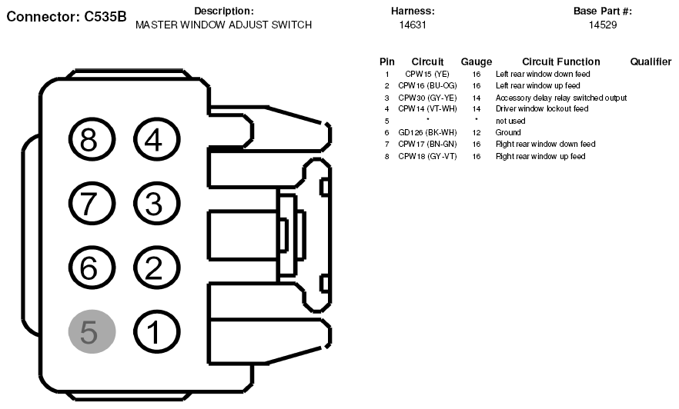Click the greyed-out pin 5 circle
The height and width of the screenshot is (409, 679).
pyautogui.click(x=92, y=331)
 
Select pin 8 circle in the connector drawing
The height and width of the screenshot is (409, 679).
pyautogui.click(x=92, y=140)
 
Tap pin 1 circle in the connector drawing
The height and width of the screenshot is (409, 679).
pyautogui.click(x=156, y=331)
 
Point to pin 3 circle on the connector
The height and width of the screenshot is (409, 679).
pyautogui.click(x=156, y=204)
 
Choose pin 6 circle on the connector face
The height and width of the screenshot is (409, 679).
pyautogui.click(x=92, y=268)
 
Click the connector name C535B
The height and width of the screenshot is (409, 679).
pyautogui.click(x=105, y=16)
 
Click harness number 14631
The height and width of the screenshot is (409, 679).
pyautogui.click(x=413, y=25)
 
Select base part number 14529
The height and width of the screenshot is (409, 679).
pyautogui.click(x=603, y=25)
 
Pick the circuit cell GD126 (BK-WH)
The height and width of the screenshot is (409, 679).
pyautogui.click(x=427, y=133)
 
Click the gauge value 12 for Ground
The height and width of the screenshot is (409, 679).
pyautogui.click(x=477, y=133)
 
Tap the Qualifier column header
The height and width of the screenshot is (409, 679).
pyautogui.click(x=651, y=62)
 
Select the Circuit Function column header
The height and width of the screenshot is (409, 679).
pyautogui.click(x=560, y=62)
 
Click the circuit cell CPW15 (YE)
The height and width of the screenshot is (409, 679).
pyautogui.click(x=427, y=75)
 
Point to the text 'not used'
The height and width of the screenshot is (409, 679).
pyautogui.click(x=510, y=121)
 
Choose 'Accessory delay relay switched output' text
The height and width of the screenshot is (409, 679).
pyautogui.click(x=561, y=98)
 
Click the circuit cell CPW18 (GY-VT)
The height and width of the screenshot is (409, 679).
pyautogui.click(x=427, y=156)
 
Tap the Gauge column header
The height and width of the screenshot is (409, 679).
pyautogui.click(x=477, y=62)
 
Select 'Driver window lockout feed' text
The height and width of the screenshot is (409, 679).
pyautogui.click(x=542, y=109)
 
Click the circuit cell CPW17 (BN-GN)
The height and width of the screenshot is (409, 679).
pyautogui.click(x=427, y=144)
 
